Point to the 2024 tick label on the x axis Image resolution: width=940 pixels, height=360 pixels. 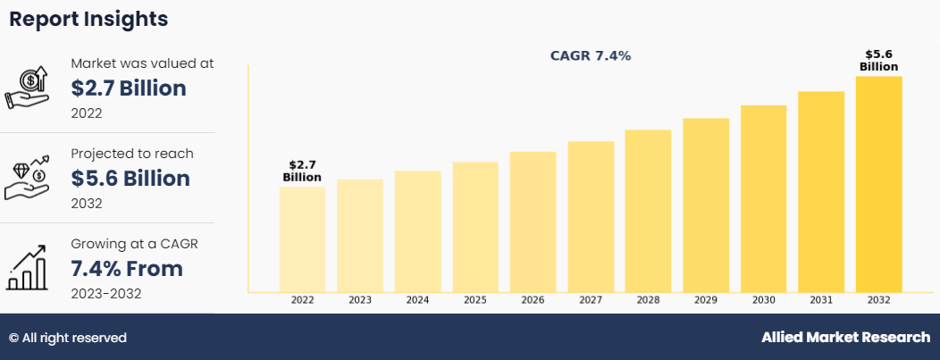[x=417, y=301]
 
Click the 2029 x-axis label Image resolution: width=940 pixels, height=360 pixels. [x=706, y=301]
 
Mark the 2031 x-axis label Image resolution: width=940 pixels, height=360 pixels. [x=821, y=301]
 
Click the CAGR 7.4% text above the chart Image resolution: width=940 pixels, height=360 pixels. [x=590, y=55]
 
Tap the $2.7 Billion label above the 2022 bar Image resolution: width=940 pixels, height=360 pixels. [x=302, y=171]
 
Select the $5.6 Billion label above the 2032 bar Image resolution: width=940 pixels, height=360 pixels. [x=878, y=61]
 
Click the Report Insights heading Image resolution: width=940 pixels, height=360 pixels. [x=88, y=18]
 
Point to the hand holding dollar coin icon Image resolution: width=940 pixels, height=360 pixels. [x=29, y=88]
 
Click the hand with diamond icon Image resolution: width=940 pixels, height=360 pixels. [x=29, y=178]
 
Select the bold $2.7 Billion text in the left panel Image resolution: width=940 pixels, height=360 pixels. [x=129, y=88]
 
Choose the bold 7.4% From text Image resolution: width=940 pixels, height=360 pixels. [x=127, y=268]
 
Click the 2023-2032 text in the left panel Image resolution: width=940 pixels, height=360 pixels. [x=105, y=293]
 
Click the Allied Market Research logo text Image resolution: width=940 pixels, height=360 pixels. [x=845, y=338]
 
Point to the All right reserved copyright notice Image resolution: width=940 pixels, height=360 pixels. [x=68, y=338]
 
